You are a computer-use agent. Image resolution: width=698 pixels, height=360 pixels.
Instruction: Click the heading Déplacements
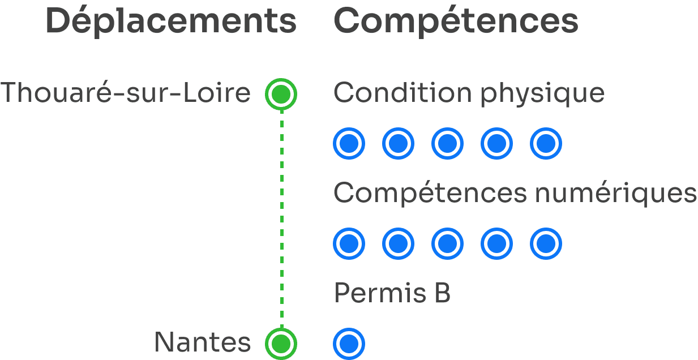tap(171, 22)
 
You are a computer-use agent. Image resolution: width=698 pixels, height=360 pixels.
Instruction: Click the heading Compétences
tap(456, 22)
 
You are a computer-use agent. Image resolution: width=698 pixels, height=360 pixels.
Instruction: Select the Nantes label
tap(202, 342)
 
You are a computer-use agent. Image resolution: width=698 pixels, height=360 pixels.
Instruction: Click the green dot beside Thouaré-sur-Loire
tap(281, 94)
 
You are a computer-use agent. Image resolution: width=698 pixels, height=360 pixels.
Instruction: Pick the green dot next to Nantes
tap(281, 343)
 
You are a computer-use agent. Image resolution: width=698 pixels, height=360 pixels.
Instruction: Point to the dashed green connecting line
tap(281, 218)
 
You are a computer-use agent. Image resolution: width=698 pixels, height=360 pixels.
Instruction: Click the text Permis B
tap(392, 293)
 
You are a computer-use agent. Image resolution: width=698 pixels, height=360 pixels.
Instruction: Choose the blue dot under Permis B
tap(349, 343)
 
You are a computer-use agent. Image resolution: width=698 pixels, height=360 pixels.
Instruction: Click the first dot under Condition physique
tap(349, 144)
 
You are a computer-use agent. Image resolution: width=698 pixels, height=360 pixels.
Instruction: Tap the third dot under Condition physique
tap(447, 144)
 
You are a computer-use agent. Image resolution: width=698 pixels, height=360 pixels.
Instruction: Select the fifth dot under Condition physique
tap(546, 144)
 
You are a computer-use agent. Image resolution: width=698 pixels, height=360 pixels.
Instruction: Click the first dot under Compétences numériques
tap(349, 244)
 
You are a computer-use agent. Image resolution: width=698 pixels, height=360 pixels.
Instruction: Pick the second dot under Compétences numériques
tap(398, 244)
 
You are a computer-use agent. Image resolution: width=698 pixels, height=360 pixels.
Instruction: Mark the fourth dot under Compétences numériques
tap(496, 244)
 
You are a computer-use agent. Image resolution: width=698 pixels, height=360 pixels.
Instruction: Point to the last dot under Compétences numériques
tap(546, 244)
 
